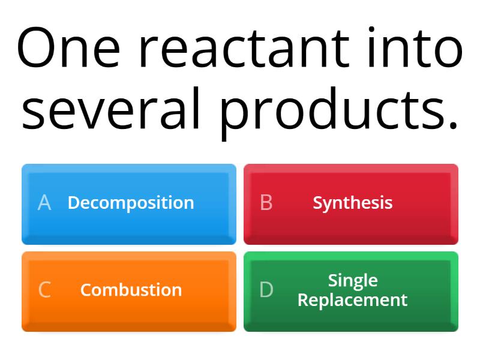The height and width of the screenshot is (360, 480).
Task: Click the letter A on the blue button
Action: click(x=44, y=203)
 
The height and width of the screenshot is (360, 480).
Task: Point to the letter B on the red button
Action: click(x=266, y=203)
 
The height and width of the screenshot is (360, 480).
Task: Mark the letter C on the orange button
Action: click(x=44, y=290)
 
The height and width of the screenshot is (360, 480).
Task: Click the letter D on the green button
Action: click(x=266, y=290)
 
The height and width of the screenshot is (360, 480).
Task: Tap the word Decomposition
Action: click(x=131, y=203)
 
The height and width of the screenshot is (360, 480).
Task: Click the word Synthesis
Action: click(x=353, y=203)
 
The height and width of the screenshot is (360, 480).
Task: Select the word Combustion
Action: click(x=131, y=290)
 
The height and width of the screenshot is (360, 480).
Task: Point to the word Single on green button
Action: click(x=353, y=280)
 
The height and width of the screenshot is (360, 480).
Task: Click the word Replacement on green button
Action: click(x=353, y=299)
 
